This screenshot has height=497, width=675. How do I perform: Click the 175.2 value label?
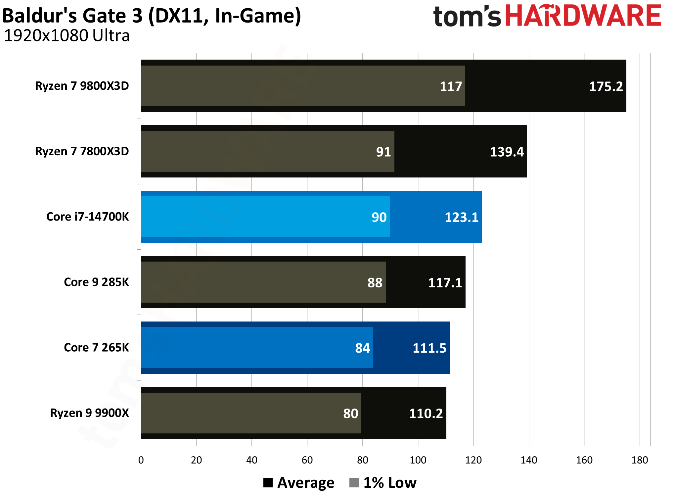[606, 86]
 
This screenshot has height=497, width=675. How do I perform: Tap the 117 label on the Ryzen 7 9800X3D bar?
[450, 86]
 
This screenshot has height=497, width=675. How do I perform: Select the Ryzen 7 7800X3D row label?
[82, 151]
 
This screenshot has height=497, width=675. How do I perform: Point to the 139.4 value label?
[506, 152]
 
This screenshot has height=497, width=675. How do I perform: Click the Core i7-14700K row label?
[87, 217]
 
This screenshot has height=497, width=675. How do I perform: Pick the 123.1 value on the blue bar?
[461, 217]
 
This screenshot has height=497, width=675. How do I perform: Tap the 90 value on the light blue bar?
[379, 217]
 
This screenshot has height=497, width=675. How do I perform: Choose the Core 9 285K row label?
[96, 282]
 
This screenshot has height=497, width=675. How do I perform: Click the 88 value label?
[375, 283]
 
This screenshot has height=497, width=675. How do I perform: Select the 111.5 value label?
[429, 348]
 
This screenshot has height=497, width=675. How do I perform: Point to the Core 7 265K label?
[96, 347]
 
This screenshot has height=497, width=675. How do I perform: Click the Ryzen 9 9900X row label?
[89, 413]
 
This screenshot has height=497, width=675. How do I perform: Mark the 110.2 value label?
[426, 414]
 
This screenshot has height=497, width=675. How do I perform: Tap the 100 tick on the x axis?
[418, 460]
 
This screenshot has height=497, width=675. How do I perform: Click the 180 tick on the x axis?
[639, 460]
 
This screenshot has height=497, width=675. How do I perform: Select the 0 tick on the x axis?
[141, 460]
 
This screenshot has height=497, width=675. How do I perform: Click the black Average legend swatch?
[268, 483]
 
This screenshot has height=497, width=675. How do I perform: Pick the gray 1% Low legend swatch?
[354, 483]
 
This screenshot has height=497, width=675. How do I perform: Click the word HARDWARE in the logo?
[583, 16]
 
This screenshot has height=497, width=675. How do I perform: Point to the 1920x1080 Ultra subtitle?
[67, 36]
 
